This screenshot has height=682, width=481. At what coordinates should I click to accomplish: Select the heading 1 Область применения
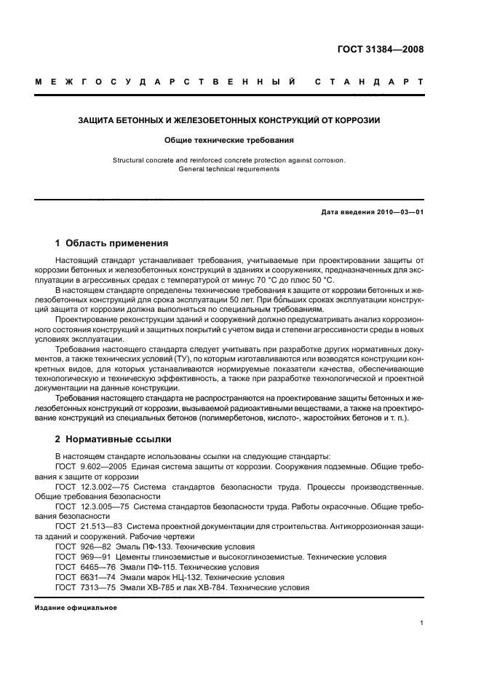112,243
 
